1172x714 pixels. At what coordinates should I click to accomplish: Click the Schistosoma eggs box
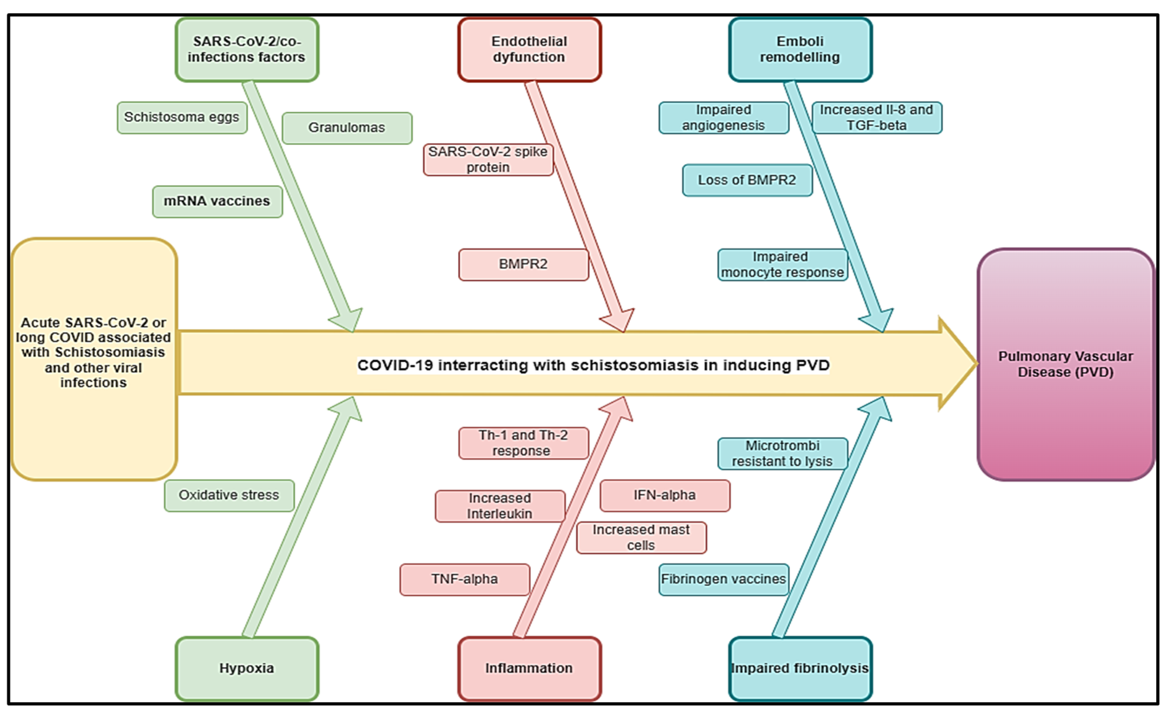[x=182, y=117]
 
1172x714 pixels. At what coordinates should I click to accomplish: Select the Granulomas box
[x=347, y=128]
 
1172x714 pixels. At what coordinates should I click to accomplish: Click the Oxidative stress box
[x=229, y=495]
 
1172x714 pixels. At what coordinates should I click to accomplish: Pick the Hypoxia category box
[x=246, y=668]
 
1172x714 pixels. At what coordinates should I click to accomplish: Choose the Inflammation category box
[x=529, y=668]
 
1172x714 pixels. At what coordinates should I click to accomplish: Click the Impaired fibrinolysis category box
[x=800, y=668]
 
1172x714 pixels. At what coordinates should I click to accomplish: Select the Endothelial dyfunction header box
[x=529, y=49]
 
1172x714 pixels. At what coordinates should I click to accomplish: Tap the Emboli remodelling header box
[x=800, y=49]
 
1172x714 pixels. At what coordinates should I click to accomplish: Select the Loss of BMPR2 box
[x=747, y=180]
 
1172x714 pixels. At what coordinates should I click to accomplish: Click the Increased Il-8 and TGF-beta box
[x=876, y=117]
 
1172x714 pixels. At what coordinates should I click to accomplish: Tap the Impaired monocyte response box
[x=782, y=265]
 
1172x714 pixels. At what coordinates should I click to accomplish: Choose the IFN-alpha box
[x=664, y=495]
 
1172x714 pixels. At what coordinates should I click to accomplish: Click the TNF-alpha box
[x=464, y=579]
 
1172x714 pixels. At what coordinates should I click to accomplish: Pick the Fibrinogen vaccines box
[x=723, y=579]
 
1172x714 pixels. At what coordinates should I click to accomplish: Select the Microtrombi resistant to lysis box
[x=782, y=453]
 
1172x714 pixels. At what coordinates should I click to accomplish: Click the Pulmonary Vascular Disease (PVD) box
[x=1065, y=365]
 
